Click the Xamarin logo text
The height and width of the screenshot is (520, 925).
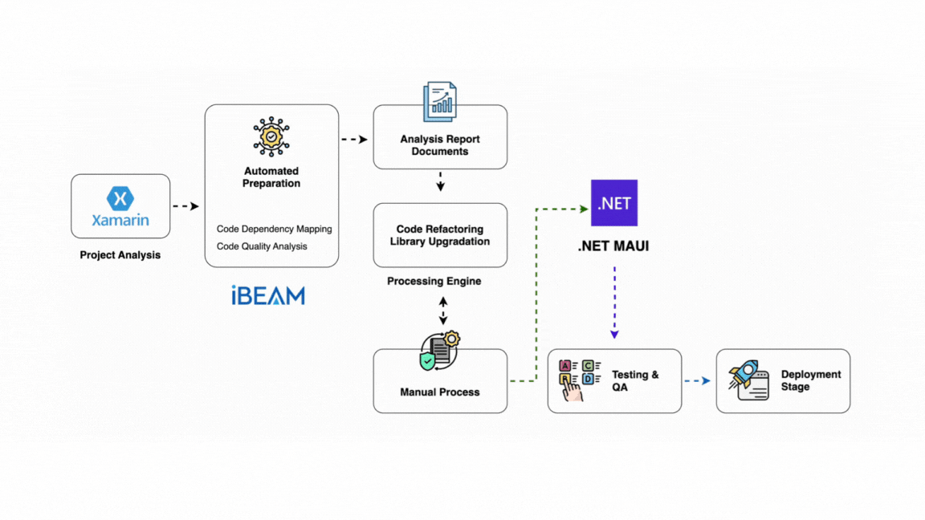click(x=120, y=220)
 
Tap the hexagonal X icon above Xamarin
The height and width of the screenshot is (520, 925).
click(x=120, y=197)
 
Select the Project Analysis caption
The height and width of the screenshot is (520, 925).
click(x=120, y=255)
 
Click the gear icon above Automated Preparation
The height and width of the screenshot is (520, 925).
click(x=271, y=136)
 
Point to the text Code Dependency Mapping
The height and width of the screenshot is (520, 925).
click(x=274, y=230)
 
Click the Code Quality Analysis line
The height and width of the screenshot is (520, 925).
click(x=262, y=246)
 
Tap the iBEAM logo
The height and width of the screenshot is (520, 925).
click(x=268, y=296)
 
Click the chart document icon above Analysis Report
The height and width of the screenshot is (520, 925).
click(x=440, y=102)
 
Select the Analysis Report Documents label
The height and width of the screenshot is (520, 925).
click(x=440, y=145)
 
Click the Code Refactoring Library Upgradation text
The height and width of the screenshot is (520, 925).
click(x=440, y=235)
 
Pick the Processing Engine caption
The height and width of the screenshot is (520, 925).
click(x=434, y=282)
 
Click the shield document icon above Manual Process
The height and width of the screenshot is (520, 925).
click(x=439, y=352)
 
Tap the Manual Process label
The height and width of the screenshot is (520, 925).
click(x=440, y=392)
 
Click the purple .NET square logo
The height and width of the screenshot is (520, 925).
click(x=614, y=203)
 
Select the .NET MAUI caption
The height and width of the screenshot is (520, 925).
click(x=613, y=246)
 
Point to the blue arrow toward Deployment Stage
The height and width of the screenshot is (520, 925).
click(x=697, y=381)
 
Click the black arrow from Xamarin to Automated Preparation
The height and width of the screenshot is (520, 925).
click(x=185, y=206)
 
